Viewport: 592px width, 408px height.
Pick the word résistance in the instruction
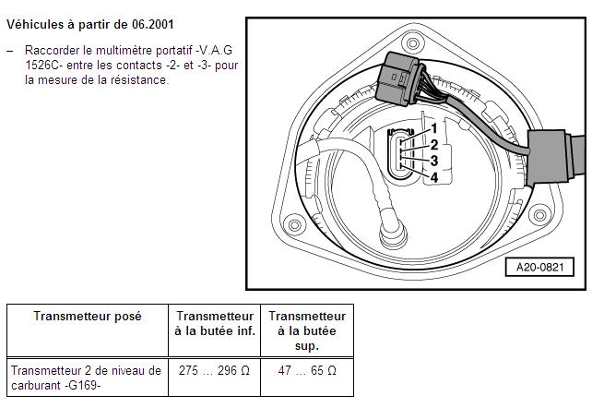143,80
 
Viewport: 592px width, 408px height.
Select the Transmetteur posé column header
88,316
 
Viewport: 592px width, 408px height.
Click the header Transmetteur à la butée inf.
214,323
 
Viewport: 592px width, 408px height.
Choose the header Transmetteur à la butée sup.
307,330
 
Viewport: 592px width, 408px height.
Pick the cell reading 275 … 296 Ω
214,370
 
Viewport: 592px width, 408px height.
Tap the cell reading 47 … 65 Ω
307,370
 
